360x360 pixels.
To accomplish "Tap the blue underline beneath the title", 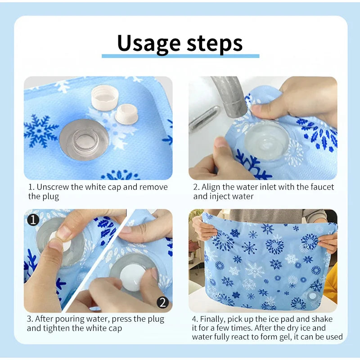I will [x=180, y=56].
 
